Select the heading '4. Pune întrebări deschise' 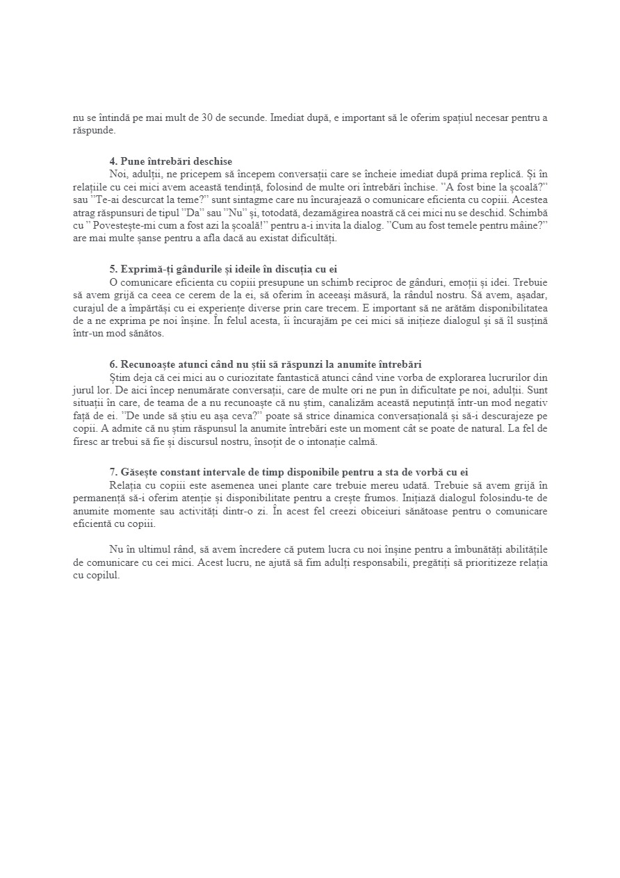pos(170,161)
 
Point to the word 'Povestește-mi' pos(115,227)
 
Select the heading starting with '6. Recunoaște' pos(266,364)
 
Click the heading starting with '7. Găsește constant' pos(293,472)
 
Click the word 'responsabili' pos(373,562)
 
